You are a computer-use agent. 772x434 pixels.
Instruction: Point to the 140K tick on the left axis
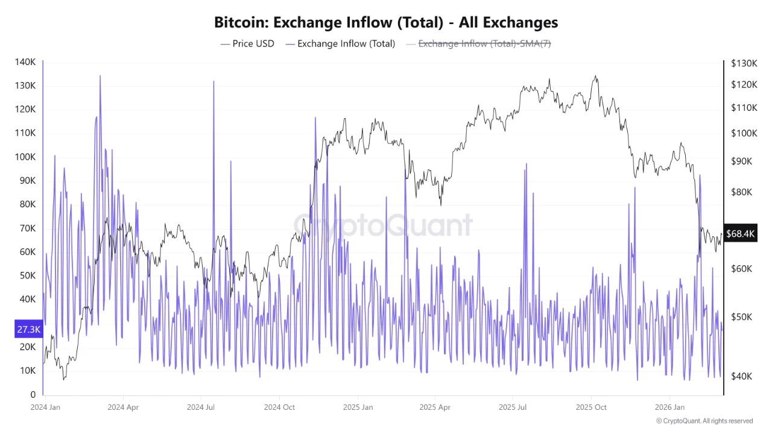[x=25, y=62]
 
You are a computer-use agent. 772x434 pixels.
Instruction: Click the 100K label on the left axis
[x=25, y=157]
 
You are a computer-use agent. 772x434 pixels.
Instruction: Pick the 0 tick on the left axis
[x=33, y=394]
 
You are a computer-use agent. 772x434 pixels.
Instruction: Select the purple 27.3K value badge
[x=28, y=330]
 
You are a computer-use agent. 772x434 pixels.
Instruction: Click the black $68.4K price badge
[x=741, y=233]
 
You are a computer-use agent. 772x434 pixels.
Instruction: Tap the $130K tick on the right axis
[x=744, y=63]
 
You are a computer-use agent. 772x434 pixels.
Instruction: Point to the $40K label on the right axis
[x=742, y=376]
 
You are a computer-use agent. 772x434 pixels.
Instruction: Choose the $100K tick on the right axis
[x=744, y=133]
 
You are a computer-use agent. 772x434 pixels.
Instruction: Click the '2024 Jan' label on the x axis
[x=45, y=407]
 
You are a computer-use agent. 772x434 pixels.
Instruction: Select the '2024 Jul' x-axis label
[x=201, y=407]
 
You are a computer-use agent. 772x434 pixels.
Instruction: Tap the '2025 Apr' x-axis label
[x=435, y=407]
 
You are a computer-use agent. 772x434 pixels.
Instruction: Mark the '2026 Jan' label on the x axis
[x=670, y=407]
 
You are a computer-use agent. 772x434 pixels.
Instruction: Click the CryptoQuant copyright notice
[x=704, y=421]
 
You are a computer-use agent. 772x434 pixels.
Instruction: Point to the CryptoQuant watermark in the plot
[x=383, y=225]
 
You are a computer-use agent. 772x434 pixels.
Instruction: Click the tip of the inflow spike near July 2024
[x=214, y=81]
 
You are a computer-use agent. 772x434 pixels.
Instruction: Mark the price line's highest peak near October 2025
[x=595, y=76]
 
